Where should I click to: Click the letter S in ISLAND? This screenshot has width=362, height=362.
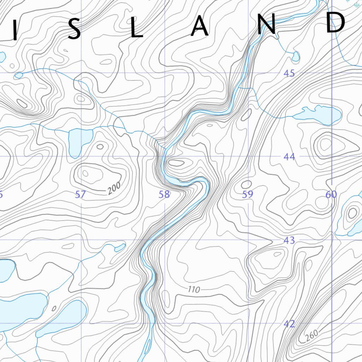pos(74,30)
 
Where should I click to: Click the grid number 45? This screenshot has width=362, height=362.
pos(289,74)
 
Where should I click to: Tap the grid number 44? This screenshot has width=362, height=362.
pos(289,157)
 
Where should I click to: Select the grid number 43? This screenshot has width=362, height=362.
pos(289,241)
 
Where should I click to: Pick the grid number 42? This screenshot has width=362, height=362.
pos(289,324)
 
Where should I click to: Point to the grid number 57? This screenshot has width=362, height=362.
pos(81,194)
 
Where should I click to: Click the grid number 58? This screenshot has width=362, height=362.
pos(164,194)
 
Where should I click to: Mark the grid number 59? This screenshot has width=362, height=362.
pos(247,194)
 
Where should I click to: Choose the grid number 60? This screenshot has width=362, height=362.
pos(331,194)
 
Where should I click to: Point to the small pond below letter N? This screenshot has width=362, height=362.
pos(296,56)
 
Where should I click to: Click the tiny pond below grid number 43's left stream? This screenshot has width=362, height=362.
pos(120,247)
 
